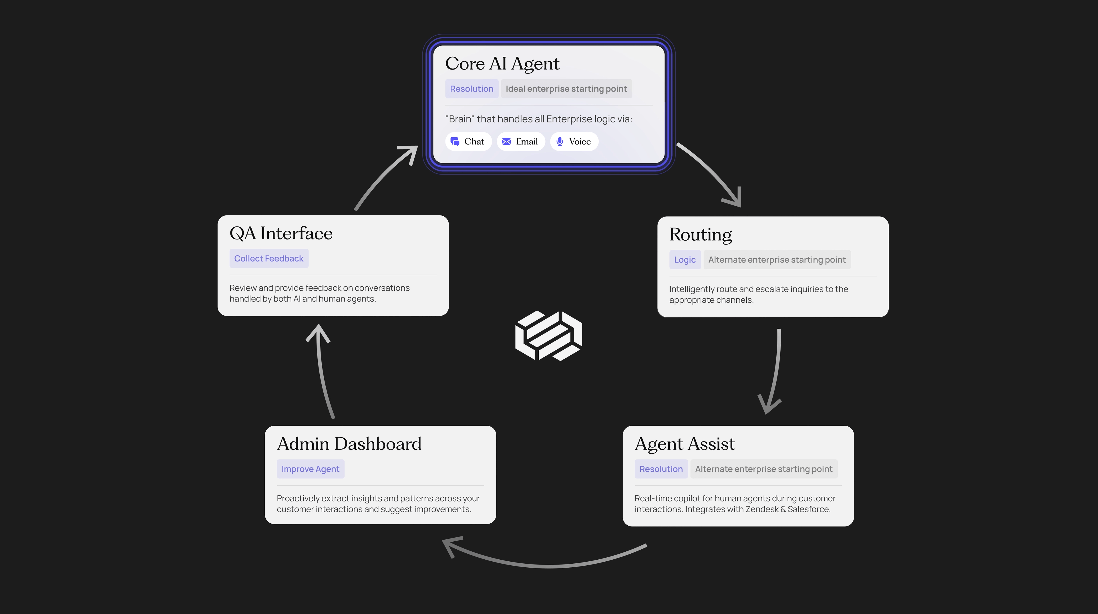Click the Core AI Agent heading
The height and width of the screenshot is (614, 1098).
pos(502,64)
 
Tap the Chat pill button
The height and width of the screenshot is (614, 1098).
pos(468,142)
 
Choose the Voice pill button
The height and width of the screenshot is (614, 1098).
pos(574,142)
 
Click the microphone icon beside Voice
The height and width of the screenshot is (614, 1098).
pos(560,142)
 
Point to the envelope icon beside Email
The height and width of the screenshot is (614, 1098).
pos(506,142)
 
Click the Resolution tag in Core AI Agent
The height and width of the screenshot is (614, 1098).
pos(472,89)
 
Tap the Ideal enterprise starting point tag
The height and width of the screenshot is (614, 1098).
pos(566,89)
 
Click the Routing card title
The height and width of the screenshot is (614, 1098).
pos(701,235)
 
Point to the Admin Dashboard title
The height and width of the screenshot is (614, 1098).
pos(349,444)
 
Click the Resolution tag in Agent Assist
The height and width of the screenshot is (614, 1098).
pos(661,469)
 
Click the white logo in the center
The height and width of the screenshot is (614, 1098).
pos(549,336)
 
